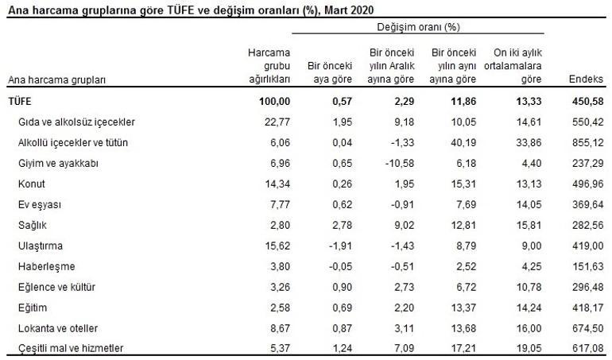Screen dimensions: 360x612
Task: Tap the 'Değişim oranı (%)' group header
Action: [x=418, y=26]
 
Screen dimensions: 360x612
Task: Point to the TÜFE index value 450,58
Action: [x=587, y=102]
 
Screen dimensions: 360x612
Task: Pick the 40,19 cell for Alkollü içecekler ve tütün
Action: [x=455, y=142]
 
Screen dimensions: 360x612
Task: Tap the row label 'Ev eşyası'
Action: [x=39, y=204]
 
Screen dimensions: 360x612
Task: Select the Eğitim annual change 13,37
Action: [x=455, y=307]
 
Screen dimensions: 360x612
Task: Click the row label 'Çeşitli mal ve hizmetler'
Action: [x=71, y=348]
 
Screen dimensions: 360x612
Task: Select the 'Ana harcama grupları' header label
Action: [x=57, y=80]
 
